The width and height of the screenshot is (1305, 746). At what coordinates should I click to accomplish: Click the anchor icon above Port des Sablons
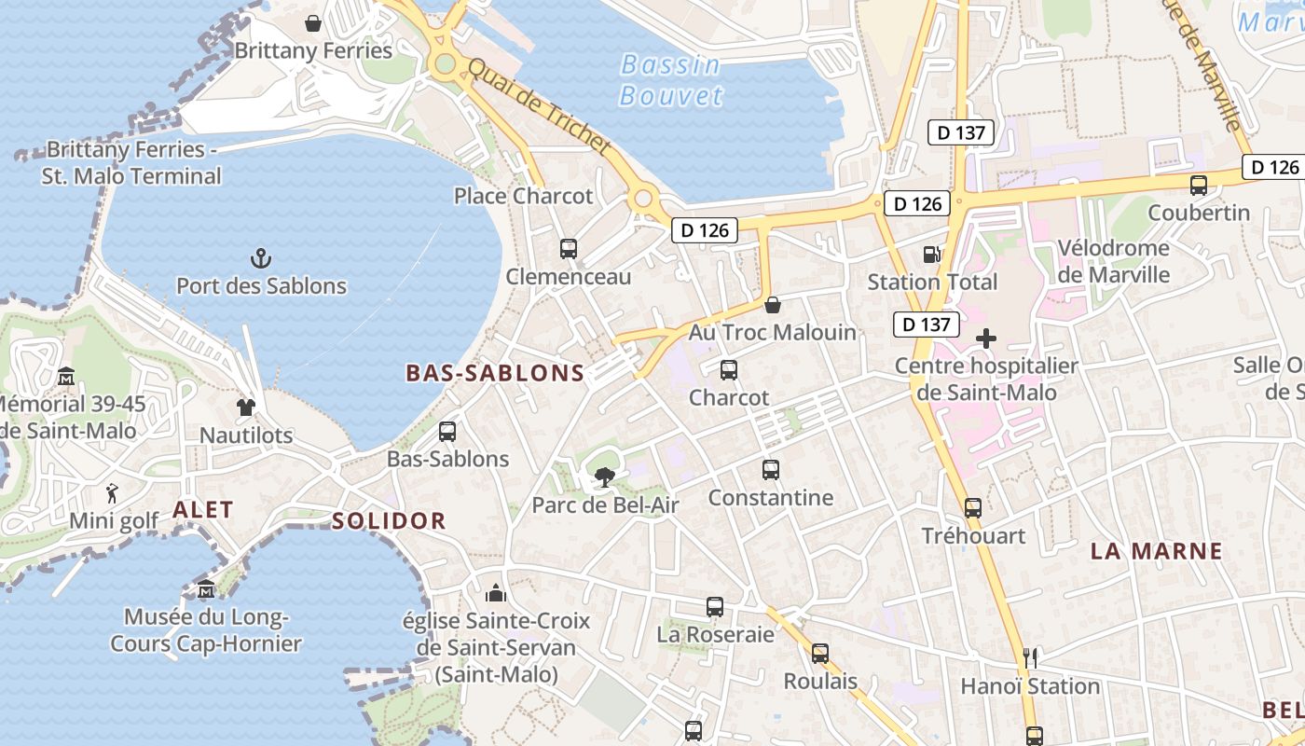tap(262, 257)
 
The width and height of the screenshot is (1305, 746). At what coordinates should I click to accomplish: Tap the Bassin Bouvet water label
tap(670, 80)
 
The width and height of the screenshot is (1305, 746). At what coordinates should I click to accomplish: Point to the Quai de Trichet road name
tap(539, 108)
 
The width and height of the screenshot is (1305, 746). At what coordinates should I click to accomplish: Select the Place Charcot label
tap(523, 196)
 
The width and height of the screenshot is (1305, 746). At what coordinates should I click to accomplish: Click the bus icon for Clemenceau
tap(569, 249)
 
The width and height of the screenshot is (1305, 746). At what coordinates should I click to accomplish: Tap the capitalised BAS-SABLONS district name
tap(495, 373)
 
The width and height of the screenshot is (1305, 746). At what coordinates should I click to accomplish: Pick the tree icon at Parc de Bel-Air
tap(604, 478)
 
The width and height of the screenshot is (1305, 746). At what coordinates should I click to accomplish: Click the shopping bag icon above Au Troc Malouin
tap(773, 305)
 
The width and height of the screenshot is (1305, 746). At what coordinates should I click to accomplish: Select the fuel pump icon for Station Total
tap(930, 254)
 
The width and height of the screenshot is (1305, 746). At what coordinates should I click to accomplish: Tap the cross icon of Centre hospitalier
tap(985, 338)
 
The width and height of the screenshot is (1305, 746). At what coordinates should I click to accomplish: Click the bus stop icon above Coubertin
tap(1199, 186)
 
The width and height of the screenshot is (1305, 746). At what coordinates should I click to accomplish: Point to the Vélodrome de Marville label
tap(1114, 261)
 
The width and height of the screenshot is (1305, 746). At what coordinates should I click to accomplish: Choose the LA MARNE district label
tap(1156, 551)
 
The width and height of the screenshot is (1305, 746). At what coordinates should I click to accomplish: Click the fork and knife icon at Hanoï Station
tap(1030, 658)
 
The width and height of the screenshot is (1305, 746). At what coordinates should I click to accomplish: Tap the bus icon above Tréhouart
tap(973, 508)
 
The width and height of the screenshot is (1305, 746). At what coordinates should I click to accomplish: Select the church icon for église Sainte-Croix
tap(496, 593)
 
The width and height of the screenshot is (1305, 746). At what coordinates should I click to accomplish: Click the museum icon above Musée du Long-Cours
tap(206, 589)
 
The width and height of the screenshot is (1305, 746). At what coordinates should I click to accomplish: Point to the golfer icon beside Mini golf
tap(113, 491)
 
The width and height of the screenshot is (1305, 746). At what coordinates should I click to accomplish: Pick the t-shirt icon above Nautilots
tap(246, 407)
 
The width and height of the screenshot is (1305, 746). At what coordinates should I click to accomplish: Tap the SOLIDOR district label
tap(389, 520)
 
